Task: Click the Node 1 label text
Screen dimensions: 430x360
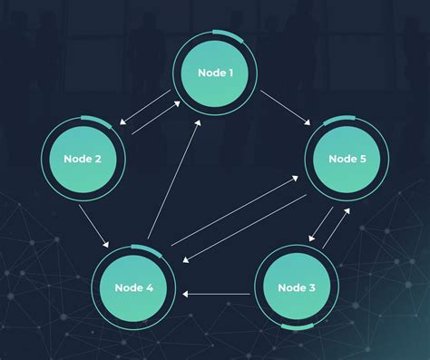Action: click(x=215, y=72)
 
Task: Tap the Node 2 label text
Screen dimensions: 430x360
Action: click(x=83, y=159)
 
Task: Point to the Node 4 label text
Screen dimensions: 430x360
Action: click(x=133, y=287)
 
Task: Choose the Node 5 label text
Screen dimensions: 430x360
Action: click(x=347, y=159)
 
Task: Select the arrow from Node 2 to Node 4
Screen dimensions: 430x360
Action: click(x=94, y=226)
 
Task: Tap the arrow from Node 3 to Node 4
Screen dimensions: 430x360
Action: click(x=217, y=294)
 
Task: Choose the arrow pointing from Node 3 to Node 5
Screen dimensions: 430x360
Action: click(x=336, y=226)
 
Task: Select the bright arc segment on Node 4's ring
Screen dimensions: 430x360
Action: click(x=143, y=247)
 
